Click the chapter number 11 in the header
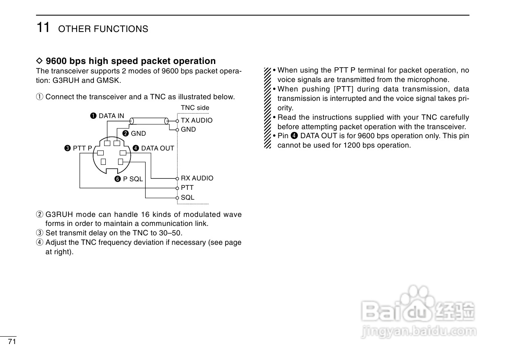pyautogui.click(x=43, y=27)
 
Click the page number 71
pyautogui.click(x=12, y=342)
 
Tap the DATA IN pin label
pyautogui.click(x=111, y=116)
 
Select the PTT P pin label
pyautogui.click(x=82, y=148)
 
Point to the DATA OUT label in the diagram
pyautogui.click(x=157, y=148)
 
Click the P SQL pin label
pyautogui.click(x=133, y=179)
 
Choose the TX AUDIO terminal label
pyautogui.click(x=197, y=121)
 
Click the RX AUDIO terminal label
pyautogui.click(x=197, y=178)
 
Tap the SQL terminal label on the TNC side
pyautogui.click(x=188, y=197)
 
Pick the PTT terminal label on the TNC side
pyautogui.click(x=187, y=188)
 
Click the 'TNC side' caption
pyautogui.click(x=195, y=108)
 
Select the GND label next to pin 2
pyautogui.click(x=138, y=133)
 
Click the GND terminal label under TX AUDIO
pyautogui.click(x=188, y=130)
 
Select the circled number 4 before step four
pyautogui.click(x=39, y=242)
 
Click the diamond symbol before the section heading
pyautogui.click(x=39, y=61)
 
